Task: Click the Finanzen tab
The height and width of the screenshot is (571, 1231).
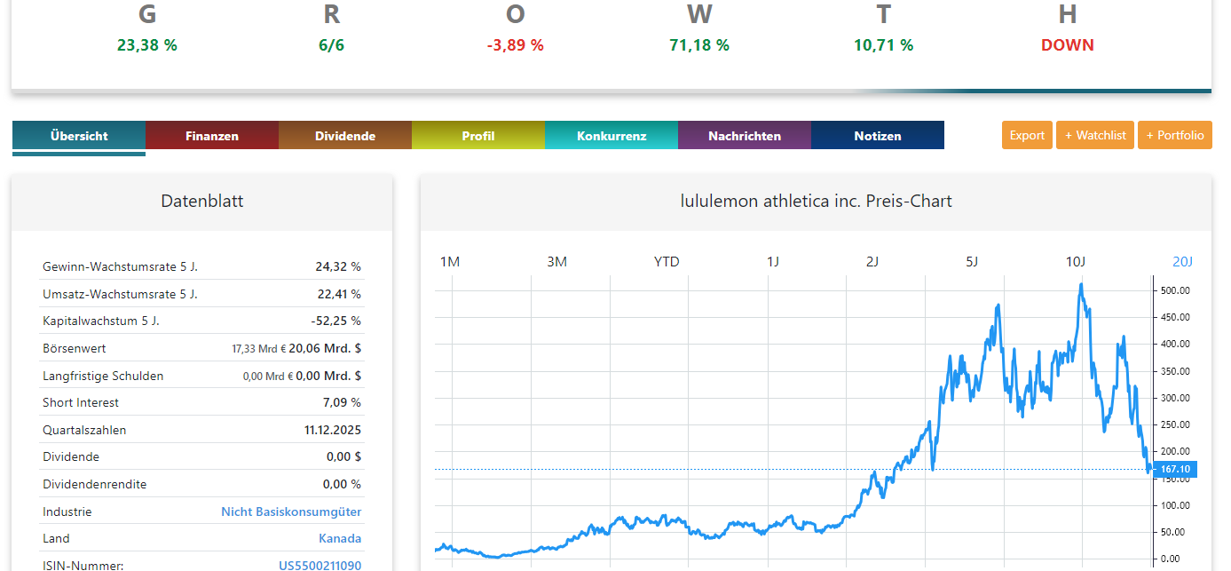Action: (212, 136)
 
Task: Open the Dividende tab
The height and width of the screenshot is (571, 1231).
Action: (345, 136)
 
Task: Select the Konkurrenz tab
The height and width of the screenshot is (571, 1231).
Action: (612, 136)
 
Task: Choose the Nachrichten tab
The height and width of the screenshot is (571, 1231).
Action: (745, 136)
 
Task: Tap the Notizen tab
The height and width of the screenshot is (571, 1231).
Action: (878, 136)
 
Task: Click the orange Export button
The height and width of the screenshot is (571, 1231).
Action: (1027, 135)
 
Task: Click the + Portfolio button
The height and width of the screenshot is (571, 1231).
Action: (1175, 135)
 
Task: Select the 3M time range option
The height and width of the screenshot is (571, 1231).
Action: (556, 261)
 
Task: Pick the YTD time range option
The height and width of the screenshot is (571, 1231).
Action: (667, 261)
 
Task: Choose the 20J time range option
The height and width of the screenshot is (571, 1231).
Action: (1182, 261)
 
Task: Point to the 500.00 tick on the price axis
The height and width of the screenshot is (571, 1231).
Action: (1176, 290)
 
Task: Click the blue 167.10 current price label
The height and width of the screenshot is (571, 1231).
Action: (1175, 469)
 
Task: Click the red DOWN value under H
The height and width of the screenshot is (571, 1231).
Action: (1067, 45)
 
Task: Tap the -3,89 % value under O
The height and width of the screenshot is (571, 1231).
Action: (515, 45)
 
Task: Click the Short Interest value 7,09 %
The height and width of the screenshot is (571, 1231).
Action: (343, 402)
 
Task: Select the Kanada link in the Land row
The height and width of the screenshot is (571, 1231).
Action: (340, 538)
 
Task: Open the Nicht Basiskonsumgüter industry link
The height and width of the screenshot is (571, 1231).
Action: (291, 512)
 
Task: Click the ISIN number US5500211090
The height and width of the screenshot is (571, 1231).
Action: (320, 565)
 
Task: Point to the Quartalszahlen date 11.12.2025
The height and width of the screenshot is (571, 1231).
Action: (333, 430)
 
